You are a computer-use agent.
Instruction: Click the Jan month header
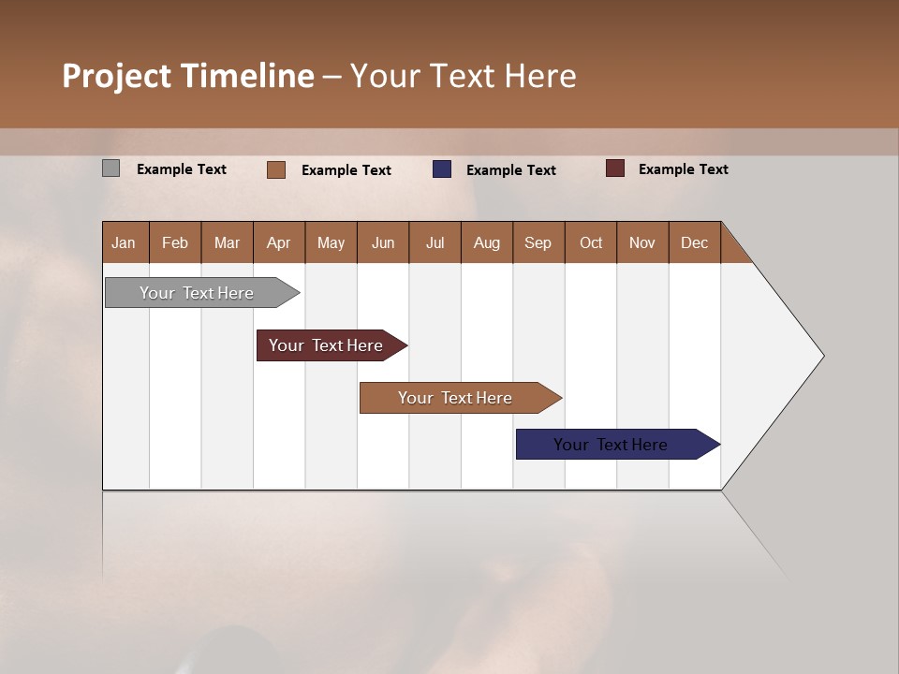(x=125, y=242)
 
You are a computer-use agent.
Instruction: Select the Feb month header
(x=175, y=242)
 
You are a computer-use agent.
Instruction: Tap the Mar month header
(x=227, y=242)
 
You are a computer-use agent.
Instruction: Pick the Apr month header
(x=279, y=242)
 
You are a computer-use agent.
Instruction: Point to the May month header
(x=331, y=242)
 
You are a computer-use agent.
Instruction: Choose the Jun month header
(x=383, y=242)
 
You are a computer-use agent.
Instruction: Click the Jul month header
(x=435, y=242)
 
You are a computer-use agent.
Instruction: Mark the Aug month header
(x=487, y=242)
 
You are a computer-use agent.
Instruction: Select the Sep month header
(x=538, y=242)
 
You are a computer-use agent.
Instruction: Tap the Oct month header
(x=591, y=242)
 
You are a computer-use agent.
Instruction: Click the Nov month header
(x=642, y=242)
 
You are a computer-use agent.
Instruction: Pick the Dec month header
(x=694, y=242)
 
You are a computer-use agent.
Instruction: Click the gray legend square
(x=111, y=168)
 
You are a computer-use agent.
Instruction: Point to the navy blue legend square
(x=442, y=169)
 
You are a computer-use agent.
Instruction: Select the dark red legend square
(x=615, y=168)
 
